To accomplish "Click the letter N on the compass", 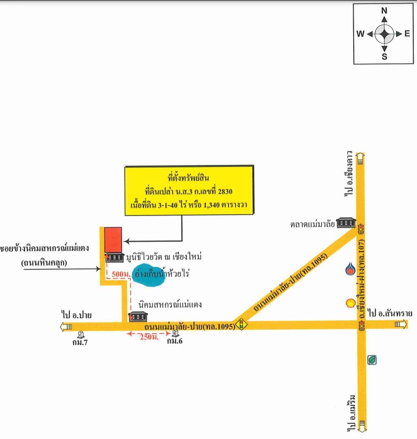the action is pos(384,11).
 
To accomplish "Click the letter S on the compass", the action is pos(384,57).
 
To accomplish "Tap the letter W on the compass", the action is pos(360,34).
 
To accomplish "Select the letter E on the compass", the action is pos(407,34).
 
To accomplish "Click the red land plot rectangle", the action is pos(113,240).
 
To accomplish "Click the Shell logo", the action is pos(350,303).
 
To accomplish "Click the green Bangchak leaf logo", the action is pos(372,360).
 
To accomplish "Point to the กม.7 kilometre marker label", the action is pos(80,342).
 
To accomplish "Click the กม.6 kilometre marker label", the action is pos(175,341).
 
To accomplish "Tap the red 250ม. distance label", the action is pos(149,337).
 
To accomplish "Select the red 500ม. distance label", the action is pos(121,274).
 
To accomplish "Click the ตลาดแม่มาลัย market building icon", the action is pos(346,222).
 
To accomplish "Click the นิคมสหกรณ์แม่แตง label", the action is pos(170,304).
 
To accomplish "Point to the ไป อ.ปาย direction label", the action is pos(77,315).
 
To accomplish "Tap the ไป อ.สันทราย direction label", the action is pos(390,313).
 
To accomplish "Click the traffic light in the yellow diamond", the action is pos(241,325).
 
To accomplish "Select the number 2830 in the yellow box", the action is pos(225,191).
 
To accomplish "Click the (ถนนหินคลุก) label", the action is pos(44,263).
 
